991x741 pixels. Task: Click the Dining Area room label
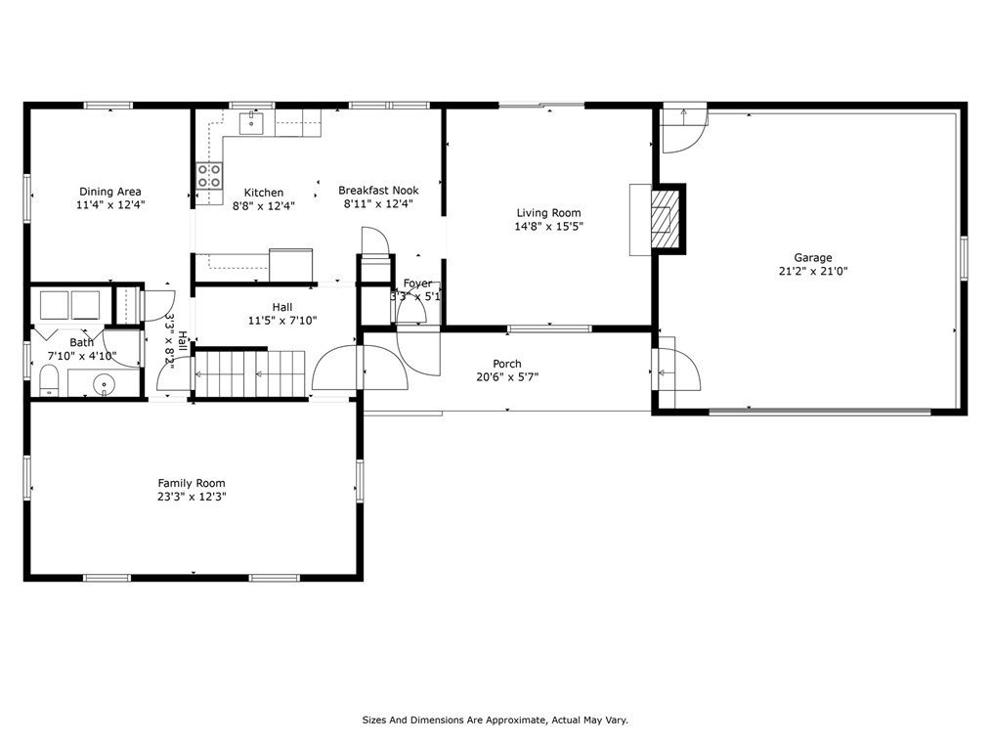(110, 192)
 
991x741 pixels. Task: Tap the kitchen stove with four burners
(209, 176)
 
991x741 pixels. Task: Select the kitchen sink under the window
(251, 123)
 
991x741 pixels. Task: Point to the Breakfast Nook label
(378, 191)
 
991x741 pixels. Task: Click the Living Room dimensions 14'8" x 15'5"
(548, 227)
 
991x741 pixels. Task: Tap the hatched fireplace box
(663, 219)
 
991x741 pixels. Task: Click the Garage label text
(813, 257)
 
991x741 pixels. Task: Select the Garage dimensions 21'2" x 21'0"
(813, 271)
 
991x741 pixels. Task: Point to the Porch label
(507, 364)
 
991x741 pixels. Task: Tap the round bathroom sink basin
(103, 383)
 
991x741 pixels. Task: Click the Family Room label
(192, 483)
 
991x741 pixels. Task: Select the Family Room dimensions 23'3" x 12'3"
(192, 497)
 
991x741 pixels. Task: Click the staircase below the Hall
(249, 374)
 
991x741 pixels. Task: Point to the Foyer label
(417, 283)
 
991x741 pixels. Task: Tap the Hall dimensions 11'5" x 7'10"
(281, 321)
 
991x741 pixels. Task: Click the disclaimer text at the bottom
(495, 719)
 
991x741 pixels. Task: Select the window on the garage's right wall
(964, 257)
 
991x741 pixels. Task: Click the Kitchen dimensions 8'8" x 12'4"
(264, 205)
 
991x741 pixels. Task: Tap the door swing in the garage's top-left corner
(684, 132)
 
